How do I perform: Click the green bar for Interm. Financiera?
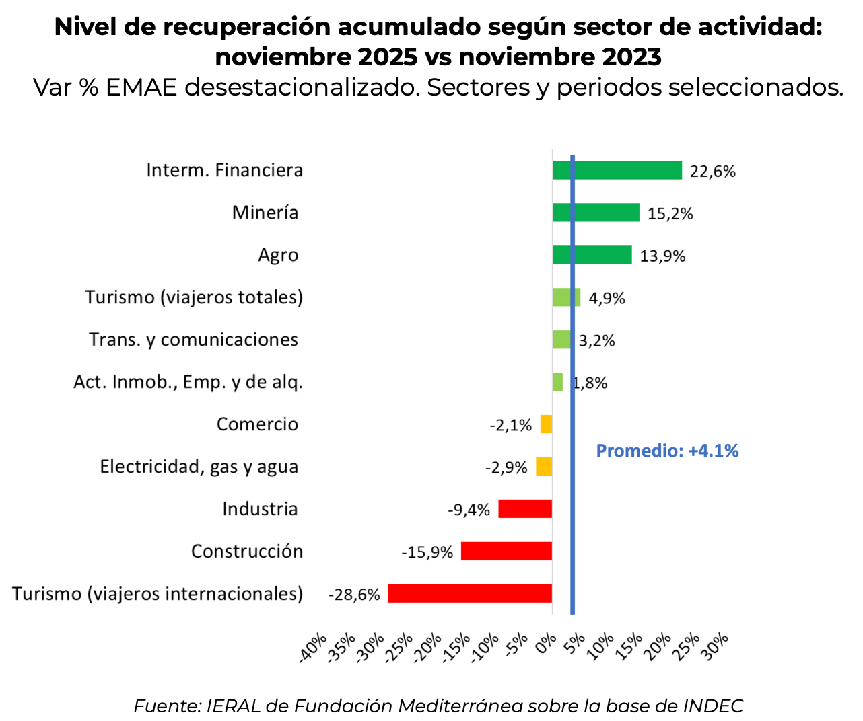(x=617, y=170)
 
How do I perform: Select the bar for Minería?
(x=596, y=213)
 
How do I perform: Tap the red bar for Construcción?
(x=506, y=552)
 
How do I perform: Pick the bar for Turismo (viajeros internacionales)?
(x=470, y=593)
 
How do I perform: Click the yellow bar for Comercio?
(x=546, y=424)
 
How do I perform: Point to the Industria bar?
(x=525, y=509)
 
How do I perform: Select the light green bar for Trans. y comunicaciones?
(x=561, y=340)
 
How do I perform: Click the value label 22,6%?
(x=712, y=172)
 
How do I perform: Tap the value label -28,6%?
(x=354, y=595)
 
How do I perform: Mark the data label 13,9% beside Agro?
(x=662, y=256)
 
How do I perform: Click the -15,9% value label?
(x=427, y=553)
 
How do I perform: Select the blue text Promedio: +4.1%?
(x=667, y=451)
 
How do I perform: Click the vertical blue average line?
(x=572, y=525)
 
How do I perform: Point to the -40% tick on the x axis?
(x=313, y=648)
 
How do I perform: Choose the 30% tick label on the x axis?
(x=716, y=648)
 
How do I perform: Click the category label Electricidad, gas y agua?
(x=199, y=467)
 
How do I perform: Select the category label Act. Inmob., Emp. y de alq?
(x=188, y=382)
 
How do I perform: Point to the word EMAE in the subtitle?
(x=141, y=87)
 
